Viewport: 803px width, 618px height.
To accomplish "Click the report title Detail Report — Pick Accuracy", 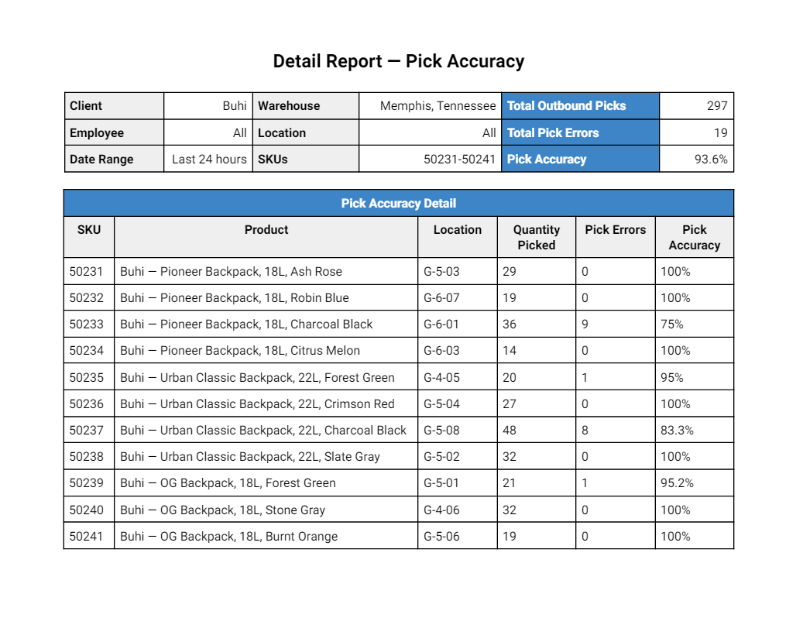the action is (x=399, y=61).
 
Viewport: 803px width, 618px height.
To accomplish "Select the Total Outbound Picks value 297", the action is (x=717, y=106).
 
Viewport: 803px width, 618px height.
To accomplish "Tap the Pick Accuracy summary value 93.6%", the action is (x=711, y=160).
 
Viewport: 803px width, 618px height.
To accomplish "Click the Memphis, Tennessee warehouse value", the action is (x=438, y=106).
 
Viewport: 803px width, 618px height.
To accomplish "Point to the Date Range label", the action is (x=101, y=160).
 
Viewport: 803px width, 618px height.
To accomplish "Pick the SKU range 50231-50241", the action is (x=459, y=160).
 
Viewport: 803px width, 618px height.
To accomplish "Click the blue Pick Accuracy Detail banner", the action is (x=399, y=203).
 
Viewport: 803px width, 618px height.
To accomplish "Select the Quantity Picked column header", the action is (x=536, y=237).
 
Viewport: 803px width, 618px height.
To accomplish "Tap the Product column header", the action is (x=266, y=230).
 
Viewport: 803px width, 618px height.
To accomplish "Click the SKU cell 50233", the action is (x=86, y=324).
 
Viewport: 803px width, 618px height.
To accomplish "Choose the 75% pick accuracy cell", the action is (x=672, y=324).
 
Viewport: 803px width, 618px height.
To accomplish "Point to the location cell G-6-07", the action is (x=441, y=298).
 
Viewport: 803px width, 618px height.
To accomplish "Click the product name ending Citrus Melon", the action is (x=240, y=351).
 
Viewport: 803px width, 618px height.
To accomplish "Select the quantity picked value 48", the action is (x=509, y=430).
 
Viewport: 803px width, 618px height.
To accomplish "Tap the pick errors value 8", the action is (x=585, y=430).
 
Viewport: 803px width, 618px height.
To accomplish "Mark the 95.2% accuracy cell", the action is (x=677, y=482).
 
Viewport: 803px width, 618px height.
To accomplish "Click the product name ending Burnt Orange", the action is (x=229, y=537).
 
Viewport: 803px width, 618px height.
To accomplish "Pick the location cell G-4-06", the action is (x=441, y=510).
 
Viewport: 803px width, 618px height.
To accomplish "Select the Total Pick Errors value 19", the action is (x=721, y=132).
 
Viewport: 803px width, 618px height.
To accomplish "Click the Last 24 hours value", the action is (x=209, y=160).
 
